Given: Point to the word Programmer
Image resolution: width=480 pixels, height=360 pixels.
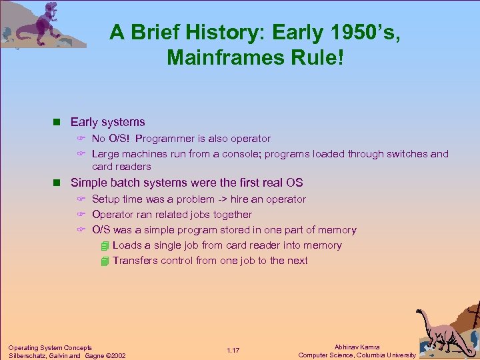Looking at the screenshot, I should pyautogui.click(x=165, y=139).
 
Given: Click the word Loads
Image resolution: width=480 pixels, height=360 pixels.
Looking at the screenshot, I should pyautogui.click(x=127, y=245).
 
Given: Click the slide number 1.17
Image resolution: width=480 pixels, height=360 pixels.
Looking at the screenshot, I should pyautogui.click(x=233, y=351).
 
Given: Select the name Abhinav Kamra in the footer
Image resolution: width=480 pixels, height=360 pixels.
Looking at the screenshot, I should pyautogui.click(x=357, y=347).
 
